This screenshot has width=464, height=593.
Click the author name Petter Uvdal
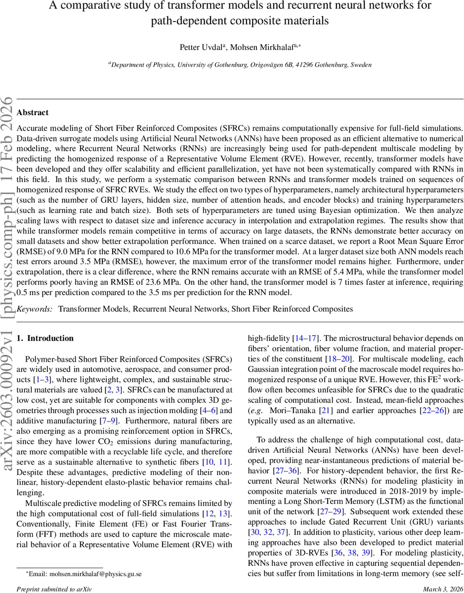[x=202, y=47]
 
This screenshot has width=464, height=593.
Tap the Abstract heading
[x=33, y=113]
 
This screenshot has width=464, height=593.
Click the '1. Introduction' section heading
[x=45, y=339]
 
